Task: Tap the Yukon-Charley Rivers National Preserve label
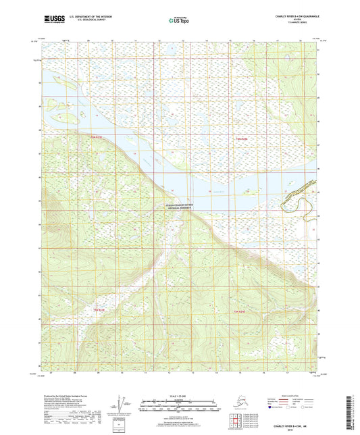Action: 179,206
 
